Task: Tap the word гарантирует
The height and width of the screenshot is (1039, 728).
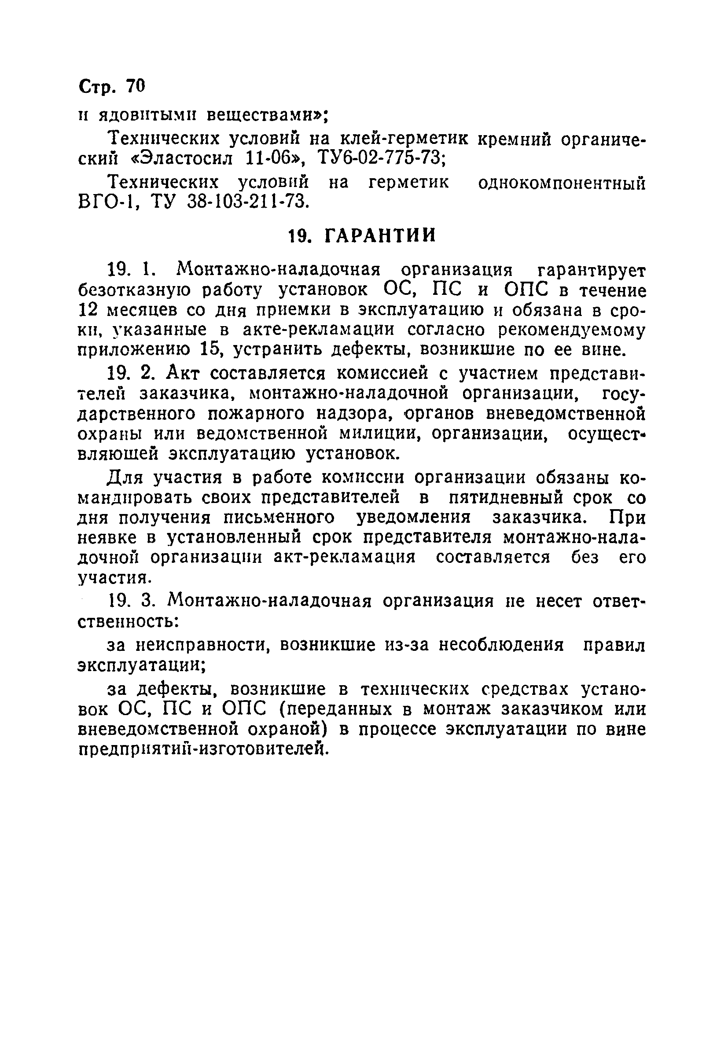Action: point(591,271)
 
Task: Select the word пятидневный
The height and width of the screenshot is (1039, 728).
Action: point(506,498)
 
